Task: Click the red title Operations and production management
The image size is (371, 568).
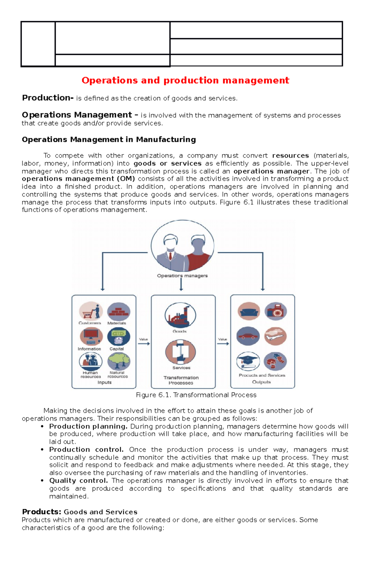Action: point(185,80)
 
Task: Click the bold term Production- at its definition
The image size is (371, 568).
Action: point(48,98)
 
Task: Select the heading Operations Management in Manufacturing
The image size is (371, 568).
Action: point(109,140)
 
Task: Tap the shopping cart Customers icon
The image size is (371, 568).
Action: point(91,311)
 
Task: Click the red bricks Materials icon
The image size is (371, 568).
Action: point(118,311)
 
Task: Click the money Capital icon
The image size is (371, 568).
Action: point(118,337)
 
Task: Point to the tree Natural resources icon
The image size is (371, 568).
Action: point(119,361)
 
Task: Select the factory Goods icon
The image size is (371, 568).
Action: point(180,315)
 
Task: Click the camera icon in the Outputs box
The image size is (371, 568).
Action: point(275,311)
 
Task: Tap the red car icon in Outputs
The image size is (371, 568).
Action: point(248,336)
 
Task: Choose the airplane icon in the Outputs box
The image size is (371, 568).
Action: point(275,336)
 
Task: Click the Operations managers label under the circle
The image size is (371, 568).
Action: point(182,276)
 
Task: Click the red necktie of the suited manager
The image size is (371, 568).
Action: point(170,256)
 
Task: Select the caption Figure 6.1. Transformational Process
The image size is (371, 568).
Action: point(196,395)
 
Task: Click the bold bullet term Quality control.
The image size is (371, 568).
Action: point(79,481)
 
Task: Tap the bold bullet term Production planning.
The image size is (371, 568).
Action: point(88,427)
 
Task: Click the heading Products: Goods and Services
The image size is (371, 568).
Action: point(79,512)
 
